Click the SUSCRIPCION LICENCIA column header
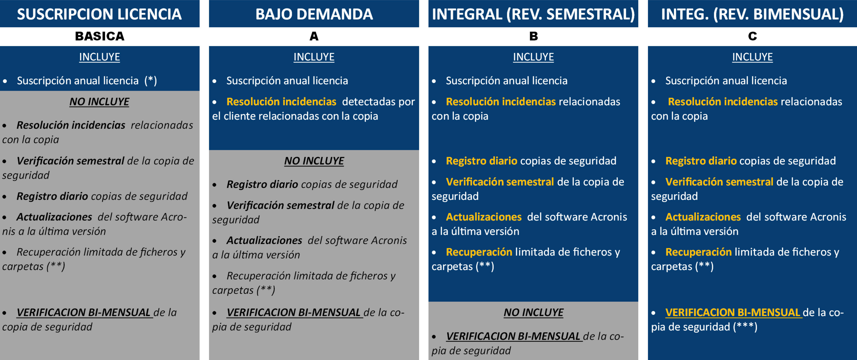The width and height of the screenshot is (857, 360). coord(99,14)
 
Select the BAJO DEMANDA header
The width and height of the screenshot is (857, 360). coord(314,14)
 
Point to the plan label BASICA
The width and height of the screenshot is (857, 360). coord(99,36)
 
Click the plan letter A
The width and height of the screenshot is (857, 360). coord(314,36)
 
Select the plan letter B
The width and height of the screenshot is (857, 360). coord(533,36)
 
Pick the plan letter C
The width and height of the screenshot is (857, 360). coord(753,36)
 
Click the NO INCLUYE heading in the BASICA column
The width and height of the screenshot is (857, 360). coord(99,102)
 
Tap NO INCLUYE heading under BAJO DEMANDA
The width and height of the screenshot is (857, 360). coord(314,161)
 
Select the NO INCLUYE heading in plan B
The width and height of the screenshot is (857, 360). coord(533,312)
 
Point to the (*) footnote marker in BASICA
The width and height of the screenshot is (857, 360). coord(151,81)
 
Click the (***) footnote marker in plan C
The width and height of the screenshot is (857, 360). coord(745,327)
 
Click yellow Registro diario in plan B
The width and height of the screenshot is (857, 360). coord(481,161)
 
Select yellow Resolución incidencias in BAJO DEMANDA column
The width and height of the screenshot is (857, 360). coord(281,102)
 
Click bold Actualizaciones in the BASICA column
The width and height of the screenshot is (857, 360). coord(54,217)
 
